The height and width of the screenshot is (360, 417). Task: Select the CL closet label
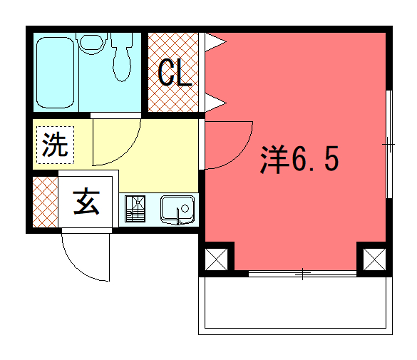click(175, 73)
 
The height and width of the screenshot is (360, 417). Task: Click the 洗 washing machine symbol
click(54, 145)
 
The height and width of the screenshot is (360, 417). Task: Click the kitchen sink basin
click(176, 210)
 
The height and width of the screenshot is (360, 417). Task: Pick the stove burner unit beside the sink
click(135, 210)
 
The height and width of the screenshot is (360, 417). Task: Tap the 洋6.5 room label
click(294, 159)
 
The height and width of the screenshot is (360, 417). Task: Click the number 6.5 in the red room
click(310, 159)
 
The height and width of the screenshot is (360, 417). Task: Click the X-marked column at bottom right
click(373, 259)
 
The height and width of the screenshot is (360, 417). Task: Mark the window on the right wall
click(388, 145)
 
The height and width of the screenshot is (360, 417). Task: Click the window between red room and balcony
click(300, 272)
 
